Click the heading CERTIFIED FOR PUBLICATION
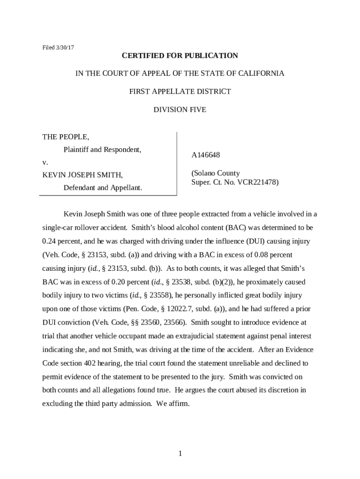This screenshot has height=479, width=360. click(x=180, y=56)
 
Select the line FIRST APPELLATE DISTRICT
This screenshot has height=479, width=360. click(x=180, y=92)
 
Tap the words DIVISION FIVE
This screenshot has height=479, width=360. click(x=180, y=110)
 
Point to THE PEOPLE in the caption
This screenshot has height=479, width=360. click(x=65, y=137)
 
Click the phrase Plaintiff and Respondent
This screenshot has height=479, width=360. click(x=102, y=150)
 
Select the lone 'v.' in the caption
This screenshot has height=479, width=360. click(x=45, y=162)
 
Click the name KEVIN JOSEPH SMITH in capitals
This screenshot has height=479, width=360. click(x=82, y=175)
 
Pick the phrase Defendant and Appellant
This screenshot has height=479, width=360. click(x=102, y=188)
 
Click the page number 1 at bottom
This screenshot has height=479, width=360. click(x=180, y=454)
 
